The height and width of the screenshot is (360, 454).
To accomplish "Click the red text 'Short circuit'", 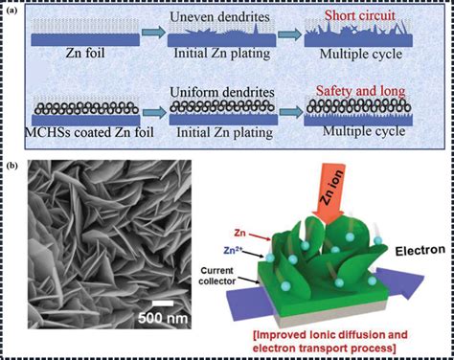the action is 360,15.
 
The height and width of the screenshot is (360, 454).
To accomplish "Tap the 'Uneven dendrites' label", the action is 219,17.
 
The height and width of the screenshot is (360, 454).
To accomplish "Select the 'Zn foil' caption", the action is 85,53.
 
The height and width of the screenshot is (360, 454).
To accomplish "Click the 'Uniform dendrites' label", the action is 222,92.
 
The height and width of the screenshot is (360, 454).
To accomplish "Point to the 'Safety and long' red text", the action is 361,91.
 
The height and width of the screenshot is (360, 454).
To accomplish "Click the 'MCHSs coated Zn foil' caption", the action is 89,132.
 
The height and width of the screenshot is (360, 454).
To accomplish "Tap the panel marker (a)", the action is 11,11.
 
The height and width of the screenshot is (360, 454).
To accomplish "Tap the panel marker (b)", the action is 11,166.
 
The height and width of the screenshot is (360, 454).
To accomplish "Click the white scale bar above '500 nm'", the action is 163,304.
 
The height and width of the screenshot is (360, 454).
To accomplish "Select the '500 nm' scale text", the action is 163,318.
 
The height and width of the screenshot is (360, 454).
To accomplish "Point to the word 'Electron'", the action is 420,251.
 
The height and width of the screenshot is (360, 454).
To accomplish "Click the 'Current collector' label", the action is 216,276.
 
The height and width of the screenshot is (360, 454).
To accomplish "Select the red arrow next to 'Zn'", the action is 261,236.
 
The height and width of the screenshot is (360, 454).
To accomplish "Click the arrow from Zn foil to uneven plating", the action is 153,33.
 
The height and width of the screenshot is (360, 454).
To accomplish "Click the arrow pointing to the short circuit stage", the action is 289,34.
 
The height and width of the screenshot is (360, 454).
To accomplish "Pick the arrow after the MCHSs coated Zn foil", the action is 155,112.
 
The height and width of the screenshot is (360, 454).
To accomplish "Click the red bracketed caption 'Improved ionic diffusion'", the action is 330,335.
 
